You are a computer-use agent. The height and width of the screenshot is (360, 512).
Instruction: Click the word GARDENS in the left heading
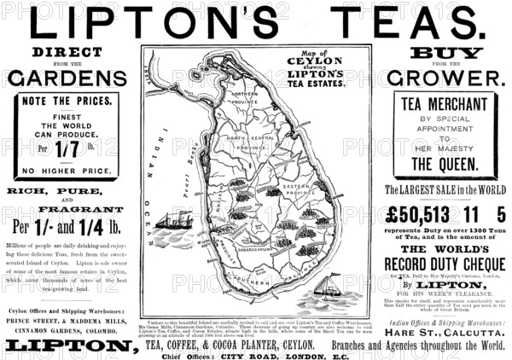pos(67,78)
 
